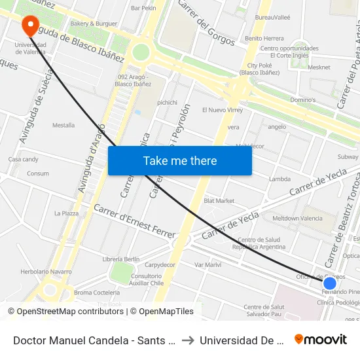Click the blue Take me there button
pyautogui.click(x=179, y=161)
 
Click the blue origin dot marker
pyautogui.click(x=330, y=283)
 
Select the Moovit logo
pyautogui.click(x=321, y=339)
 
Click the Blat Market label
pyautogui.click(x=219, y=200)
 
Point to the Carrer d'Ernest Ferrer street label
pyautogui.click(x=135, y=221)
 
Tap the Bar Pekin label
pyautogui.click(x=143, y=8)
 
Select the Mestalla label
pyautogui.click(x=63, y=125)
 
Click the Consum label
pyautogui.click(x=38, y=174)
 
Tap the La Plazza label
pyautogui.click(x=66, y=213)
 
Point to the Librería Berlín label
pyautogui.click(x=121, y=259)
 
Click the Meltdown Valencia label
pyautogui.click(x=297, y=218)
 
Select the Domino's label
pyautogui.click(x=302, y=100)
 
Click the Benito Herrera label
pyautogui.click(x=264, y=39)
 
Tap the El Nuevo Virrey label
pyautogui.click(x=223, y=110)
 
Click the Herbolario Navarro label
pyautogui.click(x=46, y=272)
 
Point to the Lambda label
pyautogui.click(x=279, y=179)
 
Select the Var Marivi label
pyautogui.click(x=208, y=264)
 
